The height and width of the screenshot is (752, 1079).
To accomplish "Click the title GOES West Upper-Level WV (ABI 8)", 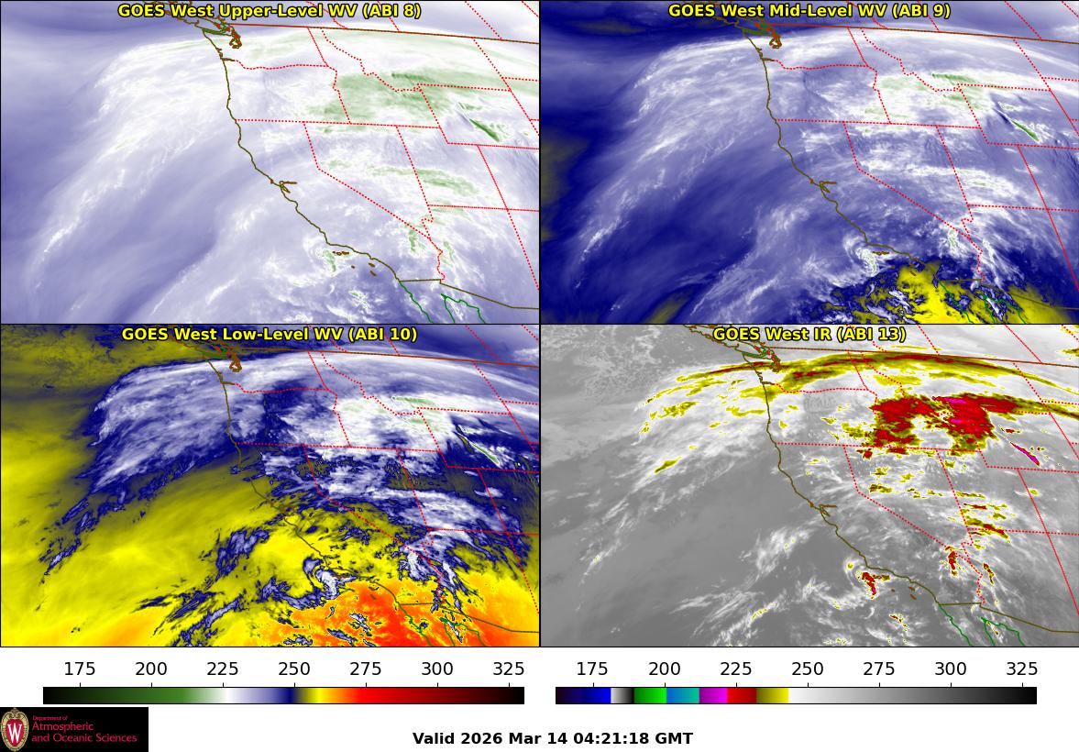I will pyautogui.click(x=269, y=11).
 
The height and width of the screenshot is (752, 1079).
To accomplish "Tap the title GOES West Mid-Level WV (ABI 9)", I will pyautogui.click(x=809, y=11).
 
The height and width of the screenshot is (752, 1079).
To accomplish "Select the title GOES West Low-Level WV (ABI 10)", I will pyautogui.click(x=269, y=335).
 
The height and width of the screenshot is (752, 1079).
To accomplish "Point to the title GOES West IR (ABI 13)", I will pyautogui.click(x=809, y=335).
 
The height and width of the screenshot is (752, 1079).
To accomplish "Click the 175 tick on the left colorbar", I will pyautogui.click(x=81, y=669).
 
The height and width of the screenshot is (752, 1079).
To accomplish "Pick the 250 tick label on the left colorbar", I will pyautogui.click(x=295, y=669).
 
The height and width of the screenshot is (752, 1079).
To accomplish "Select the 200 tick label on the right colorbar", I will pyautogui.click(x=665, y=669).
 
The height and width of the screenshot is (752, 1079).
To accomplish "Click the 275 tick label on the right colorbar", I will pyautogui.click(x=879, y=669).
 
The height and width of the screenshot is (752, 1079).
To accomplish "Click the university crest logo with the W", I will pyautogui.click(x=16, y=729).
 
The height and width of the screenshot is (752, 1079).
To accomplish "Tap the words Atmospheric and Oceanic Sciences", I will pyautogui.click(x=83, y=731).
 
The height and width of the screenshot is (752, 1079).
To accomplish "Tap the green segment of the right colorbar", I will pyautogui.click(x=650, y=695).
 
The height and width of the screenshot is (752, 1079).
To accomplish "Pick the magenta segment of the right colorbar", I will pyautogui.click(x=713, y=695).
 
